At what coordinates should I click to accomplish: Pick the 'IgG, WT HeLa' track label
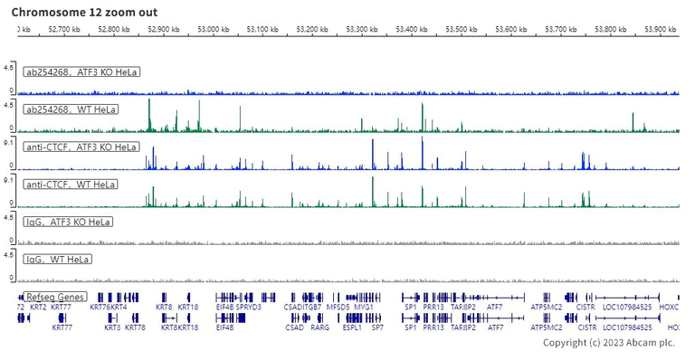tap(57, 260)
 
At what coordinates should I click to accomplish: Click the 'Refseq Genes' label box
tap(55, 297)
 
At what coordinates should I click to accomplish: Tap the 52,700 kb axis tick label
tap(63, 30)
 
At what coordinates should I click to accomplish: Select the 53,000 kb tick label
tap(213, 30)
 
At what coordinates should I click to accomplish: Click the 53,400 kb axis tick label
tap(412, 30)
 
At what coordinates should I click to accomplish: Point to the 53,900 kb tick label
tap(661, 30)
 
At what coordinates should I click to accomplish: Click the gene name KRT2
tap(39, 308)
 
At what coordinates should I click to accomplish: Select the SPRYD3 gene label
tap(249, 308)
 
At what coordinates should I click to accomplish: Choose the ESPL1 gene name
tap(352, 327)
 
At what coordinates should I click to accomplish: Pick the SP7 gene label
tap(377, 327)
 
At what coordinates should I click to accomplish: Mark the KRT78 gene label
tap(135, 327)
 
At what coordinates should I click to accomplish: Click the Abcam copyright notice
tap(608, 343)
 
